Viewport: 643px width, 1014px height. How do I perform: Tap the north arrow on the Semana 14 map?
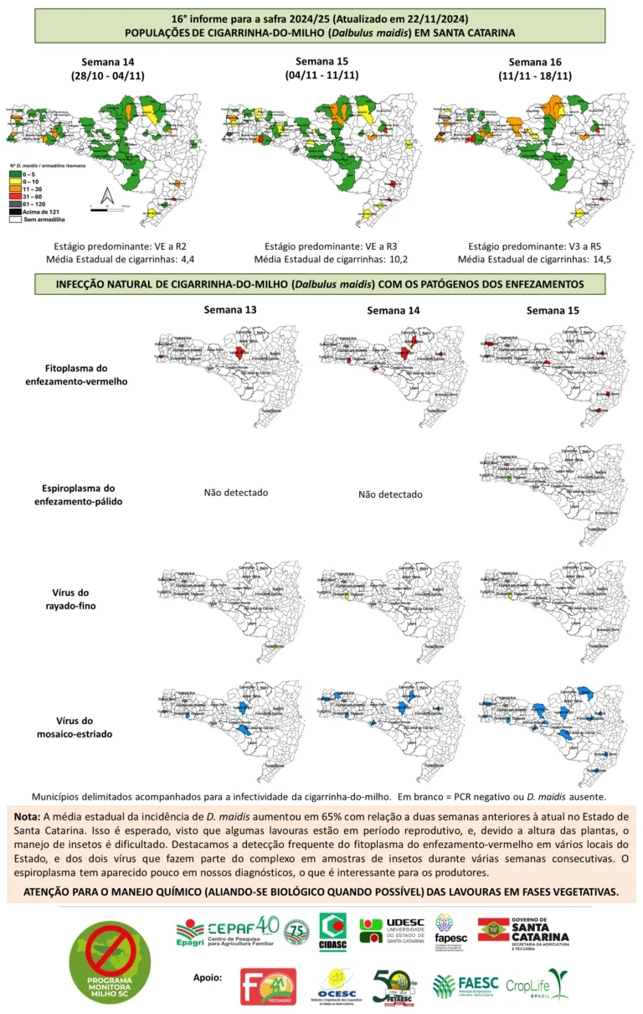[x=106, y=195]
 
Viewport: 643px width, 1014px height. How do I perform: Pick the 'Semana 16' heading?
[x=536, y=62]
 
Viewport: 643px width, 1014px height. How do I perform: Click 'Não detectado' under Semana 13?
[x=236, y=493]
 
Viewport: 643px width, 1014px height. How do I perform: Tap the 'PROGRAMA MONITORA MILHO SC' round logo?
[x=110, y=963]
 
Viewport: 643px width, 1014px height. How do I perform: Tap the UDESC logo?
[x=392, y=930]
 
